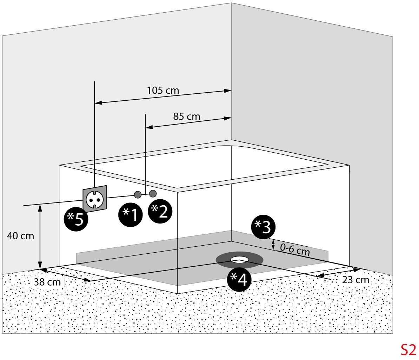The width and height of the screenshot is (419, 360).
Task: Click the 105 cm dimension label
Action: click(163, 90)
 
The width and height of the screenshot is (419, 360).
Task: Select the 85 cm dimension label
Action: click(187, 116)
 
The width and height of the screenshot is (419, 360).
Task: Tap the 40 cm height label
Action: click(21, 236)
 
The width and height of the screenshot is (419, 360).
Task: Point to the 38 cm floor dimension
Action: click(47, 282)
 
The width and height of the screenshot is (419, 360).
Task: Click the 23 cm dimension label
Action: click(356, 280)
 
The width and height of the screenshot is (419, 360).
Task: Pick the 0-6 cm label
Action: click(295, 249)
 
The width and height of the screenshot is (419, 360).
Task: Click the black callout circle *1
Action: click(131, 215)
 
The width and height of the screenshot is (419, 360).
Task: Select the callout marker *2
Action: click(160, 212)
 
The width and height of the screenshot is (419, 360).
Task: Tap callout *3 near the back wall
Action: click(263, 227)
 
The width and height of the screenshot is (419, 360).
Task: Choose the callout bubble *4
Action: click(239, 279)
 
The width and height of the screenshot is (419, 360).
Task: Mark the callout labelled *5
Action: click(76, 219)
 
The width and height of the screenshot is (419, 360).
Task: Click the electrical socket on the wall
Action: click(95, 199)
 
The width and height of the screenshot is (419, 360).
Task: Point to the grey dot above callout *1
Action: click(138, 195)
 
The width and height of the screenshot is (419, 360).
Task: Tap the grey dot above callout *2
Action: click(153, 193)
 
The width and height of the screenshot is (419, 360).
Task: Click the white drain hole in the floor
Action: click(240, 259)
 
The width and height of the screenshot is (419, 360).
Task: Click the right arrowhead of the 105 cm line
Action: click(228, 91)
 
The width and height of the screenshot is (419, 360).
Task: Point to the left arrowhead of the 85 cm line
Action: click(149, 127)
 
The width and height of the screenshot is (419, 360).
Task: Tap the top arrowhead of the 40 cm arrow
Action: click(40, 207)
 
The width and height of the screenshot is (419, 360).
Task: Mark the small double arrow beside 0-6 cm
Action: click(273, 245)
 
